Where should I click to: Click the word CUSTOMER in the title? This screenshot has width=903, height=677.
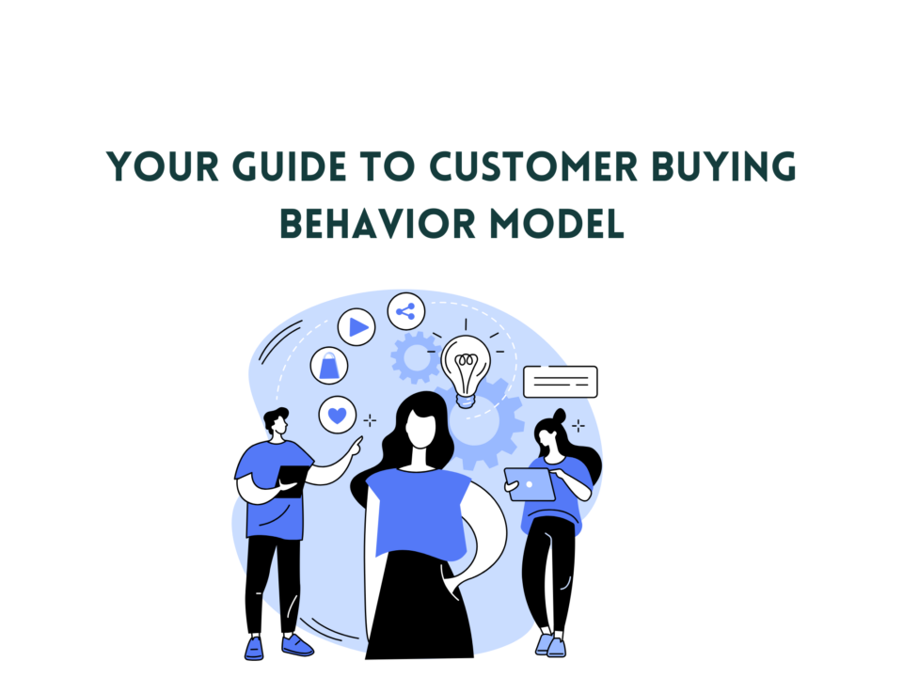(x=533, y=167)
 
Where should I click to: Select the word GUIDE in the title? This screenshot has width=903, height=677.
(x=289, y=167)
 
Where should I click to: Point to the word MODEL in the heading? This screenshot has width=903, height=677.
(x=557, y=224)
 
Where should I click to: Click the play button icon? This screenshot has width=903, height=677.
(x=356, y=327)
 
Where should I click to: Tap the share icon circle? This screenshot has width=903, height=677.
(x=406, y=311)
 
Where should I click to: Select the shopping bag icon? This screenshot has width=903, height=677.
(x=329, y=366)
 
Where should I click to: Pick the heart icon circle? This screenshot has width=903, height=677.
(x=338, y=415)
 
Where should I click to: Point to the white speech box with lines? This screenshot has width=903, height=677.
(x=561, y=382)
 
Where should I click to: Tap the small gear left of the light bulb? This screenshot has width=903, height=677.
(x=416, y=357)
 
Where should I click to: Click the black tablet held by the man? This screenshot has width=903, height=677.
(x=291, y=481)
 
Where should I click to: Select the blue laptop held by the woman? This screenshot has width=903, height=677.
(x=530, y=485)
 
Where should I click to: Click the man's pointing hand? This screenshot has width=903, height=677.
(x=356, y=446)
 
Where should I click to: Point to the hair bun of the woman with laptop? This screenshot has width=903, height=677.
(x=559, y=415)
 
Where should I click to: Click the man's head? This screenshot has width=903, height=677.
(x=277, y=422)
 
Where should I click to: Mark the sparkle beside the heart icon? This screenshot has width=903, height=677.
(x=370, y=421)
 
